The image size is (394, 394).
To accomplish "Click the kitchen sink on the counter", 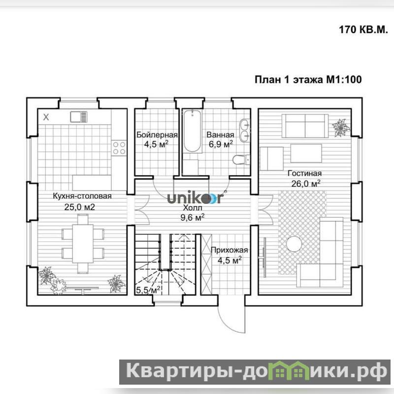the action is [79, 117].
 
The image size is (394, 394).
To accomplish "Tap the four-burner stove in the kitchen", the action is [119, 148].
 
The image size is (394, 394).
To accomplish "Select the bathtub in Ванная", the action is [192, 131].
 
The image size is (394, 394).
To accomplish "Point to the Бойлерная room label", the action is [157, 135].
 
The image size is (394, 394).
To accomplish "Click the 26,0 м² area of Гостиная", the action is [305, 183].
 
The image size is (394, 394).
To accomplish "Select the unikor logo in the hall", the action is [196, 197].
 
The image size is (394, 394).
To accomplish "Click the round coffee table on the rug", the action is [294, 244].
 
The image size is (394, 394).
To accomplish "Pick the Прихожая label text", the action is [229, 250].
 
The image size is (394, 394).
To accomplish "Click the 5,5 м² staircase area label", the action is [148, 290].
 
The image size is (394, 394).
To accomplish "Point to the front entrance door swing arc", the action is [228, 325].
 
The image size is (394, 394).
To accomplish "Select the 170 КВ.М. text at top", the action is [363, 30].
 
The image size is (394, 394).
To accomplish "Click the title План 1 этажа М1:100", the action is [308, 79].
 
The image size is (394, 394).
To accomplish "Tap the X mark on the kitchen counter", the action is [46, 117].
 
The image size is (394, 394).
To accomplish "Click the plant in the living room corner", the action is [341, 128].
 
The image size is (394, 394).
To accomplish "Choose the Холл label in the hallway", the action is [193, 208].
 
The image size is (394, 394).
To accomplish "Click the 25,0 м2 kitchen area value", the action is [79, 207].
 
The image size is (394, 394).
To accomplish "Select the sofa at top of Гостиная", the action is [305, 126].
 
